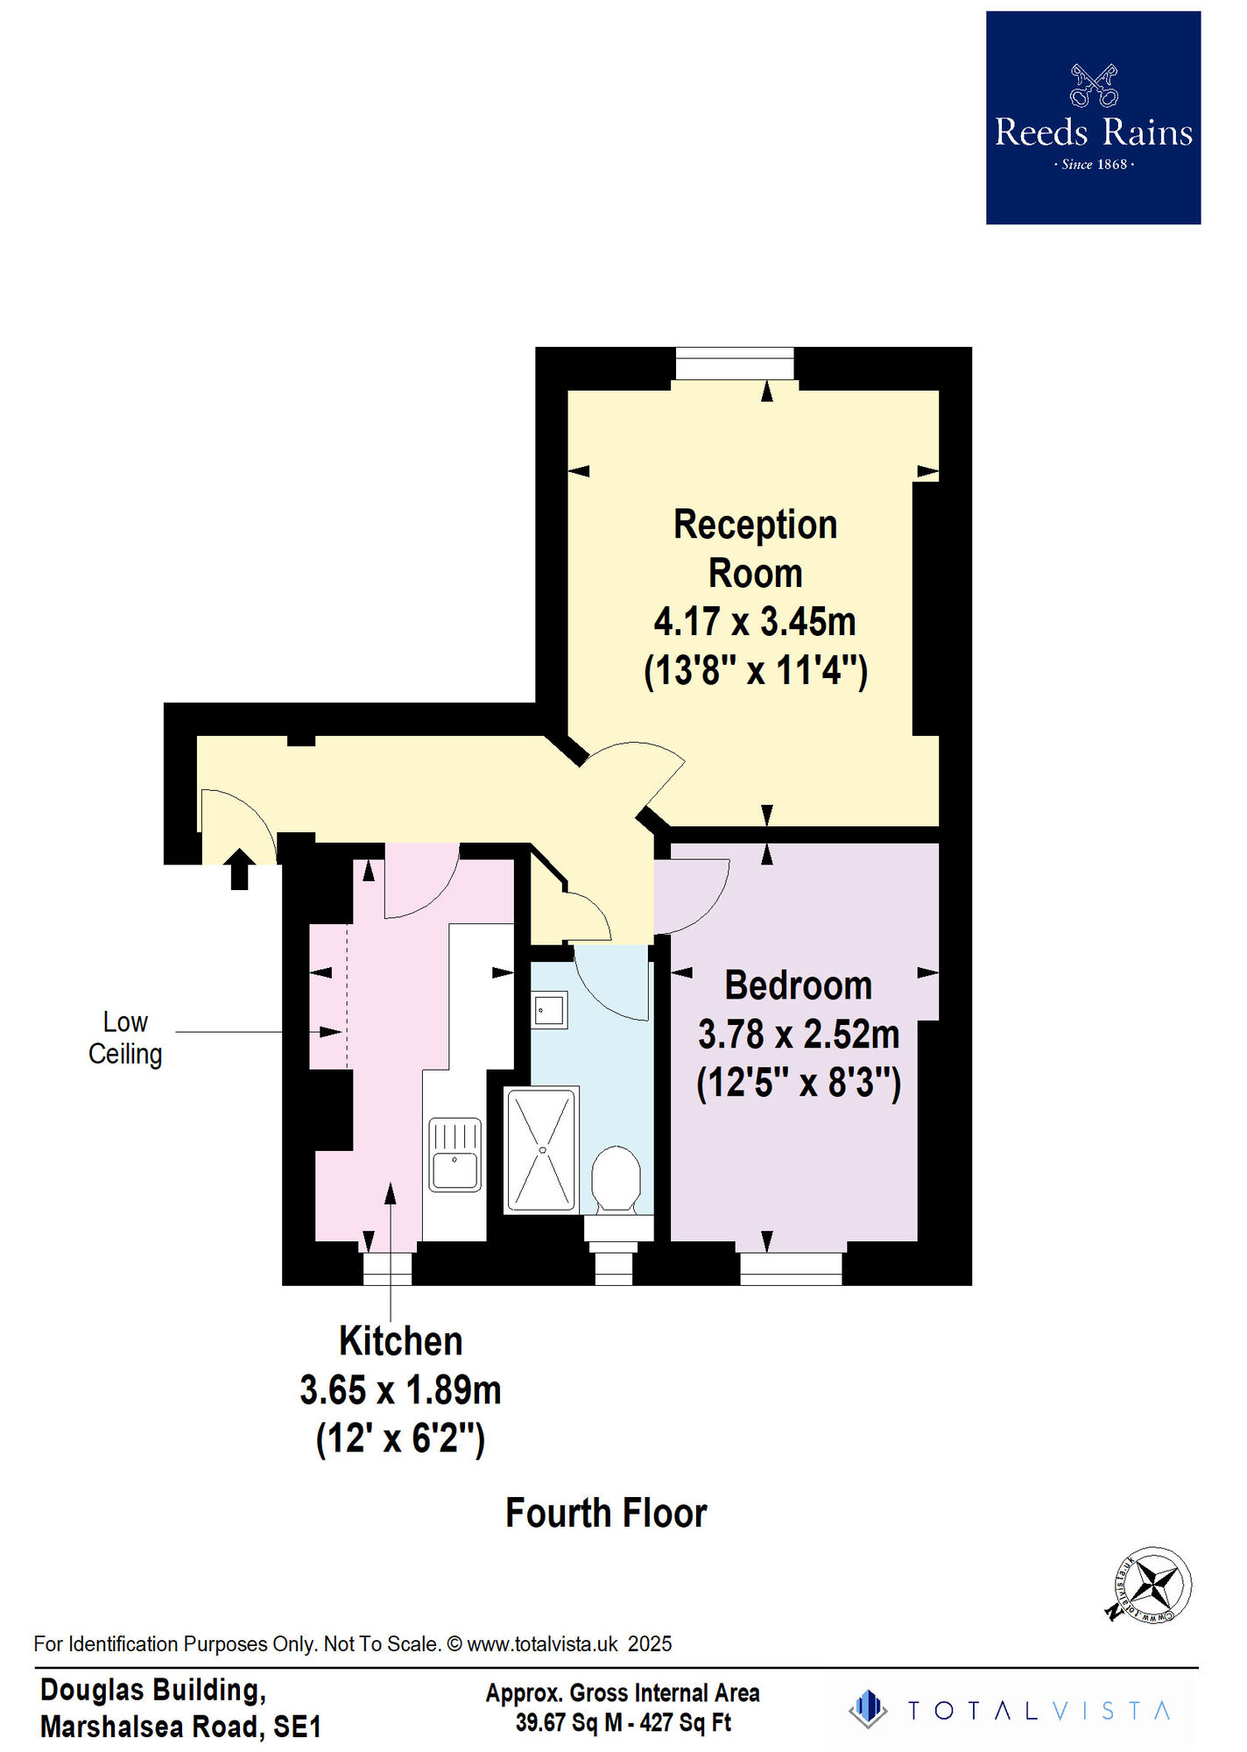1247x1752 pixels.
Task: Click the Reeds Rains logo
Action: [1093, 117]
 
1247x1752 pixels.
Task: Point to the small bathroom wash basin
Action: [549, 1010]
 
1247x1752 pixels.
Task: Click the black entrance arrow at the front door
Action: [239, 869]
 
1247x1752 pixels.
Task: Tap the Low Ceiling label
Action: [125, 1038]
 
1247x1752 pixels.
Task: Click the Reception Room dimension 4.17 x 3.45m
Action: [755, 622]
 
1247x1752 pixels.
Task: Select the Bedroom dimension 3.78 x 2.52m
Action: [799, 1035]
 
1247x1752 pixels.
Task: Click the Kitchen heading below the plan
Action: [401, 1341]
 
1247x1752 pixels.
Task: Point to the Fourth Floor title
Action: [606, 1513]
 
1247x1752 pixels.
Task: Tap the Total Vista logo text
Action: [1039, 1711]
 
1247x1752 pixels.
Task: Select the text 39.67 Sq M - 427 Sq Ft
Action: [623, 1722]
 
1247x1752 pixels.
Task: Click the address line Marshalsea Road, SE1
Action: [180, 1727]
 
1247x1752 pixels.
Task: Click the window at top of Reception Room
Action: [735, 364]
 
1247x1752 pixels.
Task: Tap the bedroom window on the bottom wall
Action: [791, 1268]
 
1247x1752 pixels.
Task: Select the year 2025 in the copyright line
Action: [650, 1644]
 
